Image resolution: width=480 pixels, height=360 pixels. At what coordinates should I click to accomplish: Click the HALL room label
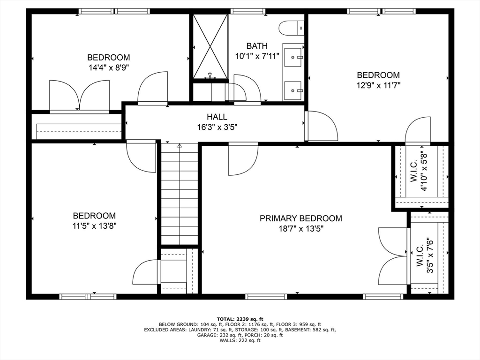click(217, 117)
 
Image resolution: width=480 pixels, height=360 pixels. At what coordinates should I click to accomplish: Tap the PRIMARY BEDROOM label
click(301, 218)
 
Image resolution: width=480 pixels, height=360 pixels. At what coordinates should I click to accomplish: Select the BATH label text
click(257, 46)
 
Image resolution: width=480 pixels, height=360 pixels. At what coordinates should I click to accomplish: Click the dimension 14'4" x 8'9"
click(108, 67)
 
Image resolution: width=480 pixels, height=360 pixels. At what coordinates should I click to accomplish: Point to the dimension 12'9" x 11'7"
click(378, 85)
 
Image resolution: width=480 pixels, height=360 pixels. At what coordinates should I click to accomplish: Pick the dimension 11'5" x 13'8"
click(94, 225)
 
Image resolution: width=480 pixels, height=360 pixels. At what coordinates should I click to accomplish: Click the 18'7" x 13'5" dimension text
click(301, 229)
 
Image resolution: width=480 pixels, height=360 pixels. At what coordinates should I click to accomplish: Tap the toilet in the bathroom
click(292, 29)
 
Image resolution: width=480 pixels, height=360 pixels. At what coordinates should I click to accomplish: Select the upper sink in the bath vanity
click(294, 57)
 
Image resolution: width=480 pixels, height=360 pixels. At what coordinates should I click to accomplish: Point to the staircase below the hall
click(180, 195)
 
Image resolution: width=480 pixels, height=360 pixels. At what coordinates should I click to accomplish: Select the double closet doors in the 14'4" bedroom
click(79, 96)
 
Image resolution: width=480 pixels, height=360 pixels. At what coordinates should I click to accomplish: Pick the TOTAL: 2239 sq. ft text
click(240, 319)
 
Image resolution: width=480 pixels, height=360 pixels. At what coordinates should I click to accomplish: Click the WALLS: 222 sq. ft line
click(240, 340)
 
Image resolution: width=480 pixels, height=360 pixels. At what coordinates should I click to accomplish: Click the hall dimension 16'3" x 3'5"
click(217, 127)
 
